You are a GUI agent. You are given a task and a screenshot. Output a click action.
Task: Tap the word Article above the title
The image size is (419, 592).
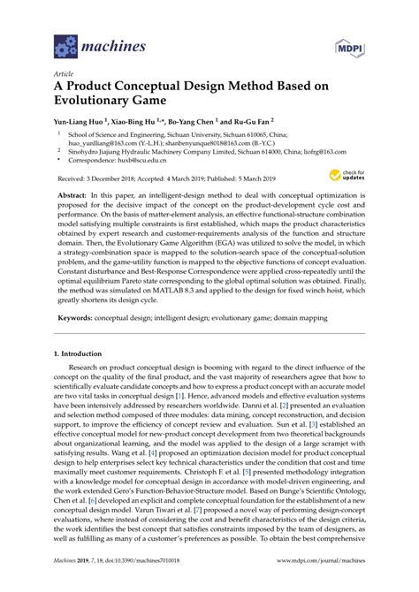[65, 75]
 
